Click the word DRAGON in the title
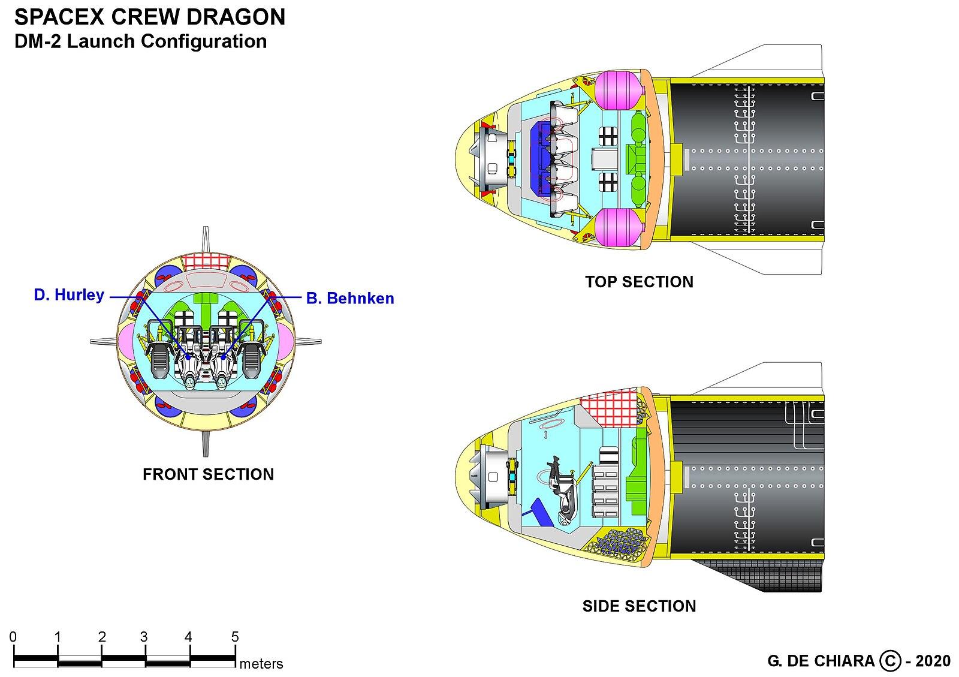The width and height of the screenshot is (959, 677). pos(236,17)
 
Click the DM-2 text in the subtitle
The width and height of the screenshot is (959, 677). pos(38,41)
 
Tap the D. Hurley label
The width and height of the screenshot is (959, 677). pos(69,295)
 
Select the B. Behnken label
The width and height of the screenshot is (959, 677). pos(350,299)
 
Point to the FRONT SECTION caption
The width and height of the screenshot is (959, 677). pos(208,474)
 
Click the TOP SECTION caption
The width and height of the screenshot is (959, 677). pos(639,282)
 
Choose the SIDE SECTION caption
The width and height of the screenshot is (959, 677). pos(639,606)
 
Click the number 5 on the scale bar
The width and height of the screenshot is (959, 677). pos(234,637)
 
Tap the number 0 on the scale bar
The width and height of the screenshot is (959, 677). pos(13,637)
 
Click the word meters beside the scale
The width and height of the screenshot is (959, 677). pos(261,664)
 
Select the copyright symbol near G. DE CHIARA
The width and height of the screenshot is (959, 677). pos(890,661)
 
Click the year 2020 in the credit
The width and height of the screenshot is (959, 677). pos(933,661)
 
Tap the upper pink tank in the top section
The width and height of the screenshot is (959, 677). pos(618,91)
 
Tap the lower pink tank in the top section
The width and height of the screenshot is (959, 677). pos(618,227)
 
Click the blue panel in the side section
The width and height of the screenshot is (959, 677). pos(538,512)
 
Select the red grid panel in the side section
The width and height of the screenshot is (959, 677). pos(610,408)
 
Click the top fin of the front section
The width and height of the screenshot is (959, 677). pos(206,240)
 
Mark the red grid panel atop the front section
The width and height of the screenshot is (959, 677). pos(206,261)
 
